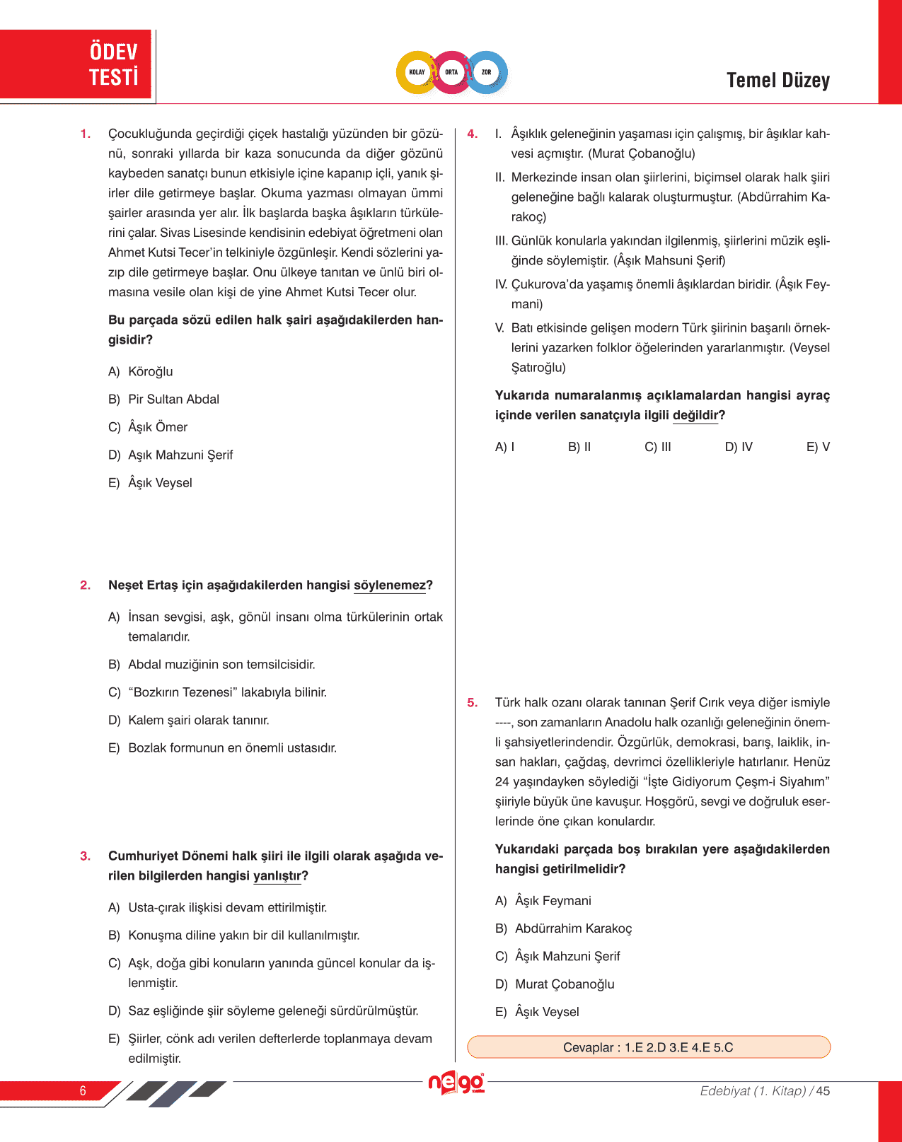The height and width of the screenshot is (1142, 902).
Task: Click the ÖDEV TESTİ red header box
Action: click(76, 64)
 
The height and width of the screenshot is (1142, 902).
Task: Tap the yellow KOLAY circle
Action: click(417, 72)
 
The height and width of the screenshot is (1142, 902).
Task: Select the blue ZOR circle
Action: click(487, 72)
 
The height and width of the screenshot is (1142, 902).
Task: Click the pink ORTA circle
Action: click(451, 72)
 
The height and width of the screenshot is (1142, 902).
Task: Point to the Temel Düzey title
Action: click(777, 81)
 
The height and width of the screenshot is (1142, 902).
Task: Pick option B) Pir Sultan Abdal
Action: click(164, 400)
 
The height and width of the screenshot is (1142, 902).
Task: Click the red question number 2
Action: click(86, 585)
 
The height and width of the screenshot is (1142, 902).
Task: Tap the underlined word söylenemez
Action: click(390, 585)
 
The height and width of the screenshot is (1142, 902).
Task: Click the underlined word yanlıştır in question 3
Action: click(277, 876)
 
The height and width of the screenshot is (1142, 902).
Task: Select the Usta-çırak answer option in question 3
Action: click(218, 908)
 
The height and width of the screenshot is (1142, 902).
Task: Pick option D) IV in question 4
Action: click(739, 447)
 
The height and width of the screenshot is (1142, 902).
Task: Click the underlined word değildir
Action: click(695, 416)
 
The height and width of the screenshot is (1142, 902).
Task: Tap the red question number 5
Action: click(473, 703)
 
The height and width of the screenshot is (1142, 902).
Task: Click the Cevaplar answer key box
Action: click(648, 1047)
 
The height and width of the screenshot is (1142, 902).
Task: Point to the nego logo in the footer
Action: click(456, 1083)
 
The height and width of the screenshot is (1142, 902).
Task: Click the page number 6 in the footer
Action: click(83, 1091)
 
